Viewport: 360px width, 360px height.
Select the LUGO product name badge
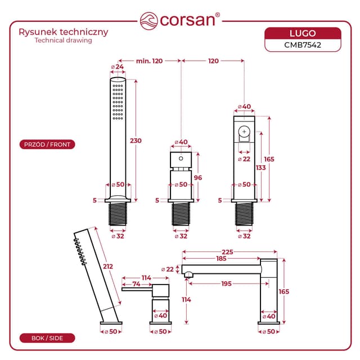(x=303, y=33)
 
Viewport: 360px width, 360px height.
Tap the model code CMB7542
(x=303, y=45)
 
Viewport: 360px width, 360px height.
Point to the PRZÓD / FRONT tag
(x=47, y=145)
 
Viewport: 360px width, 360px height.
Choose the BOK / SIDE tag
(x=47, y=338)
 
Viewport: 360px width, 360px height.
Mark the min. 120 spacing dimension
(x=149, y=61)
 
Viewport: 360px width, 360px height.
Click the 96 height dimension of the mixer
(x=197, y=178)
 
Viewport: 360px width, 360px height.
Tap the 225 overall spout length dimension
(x=227, y=252)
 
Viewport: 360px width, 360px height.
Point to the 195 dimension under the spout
(x=226, y=284)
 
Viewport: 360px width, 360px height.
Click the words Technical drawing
(x=63, y=40)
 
